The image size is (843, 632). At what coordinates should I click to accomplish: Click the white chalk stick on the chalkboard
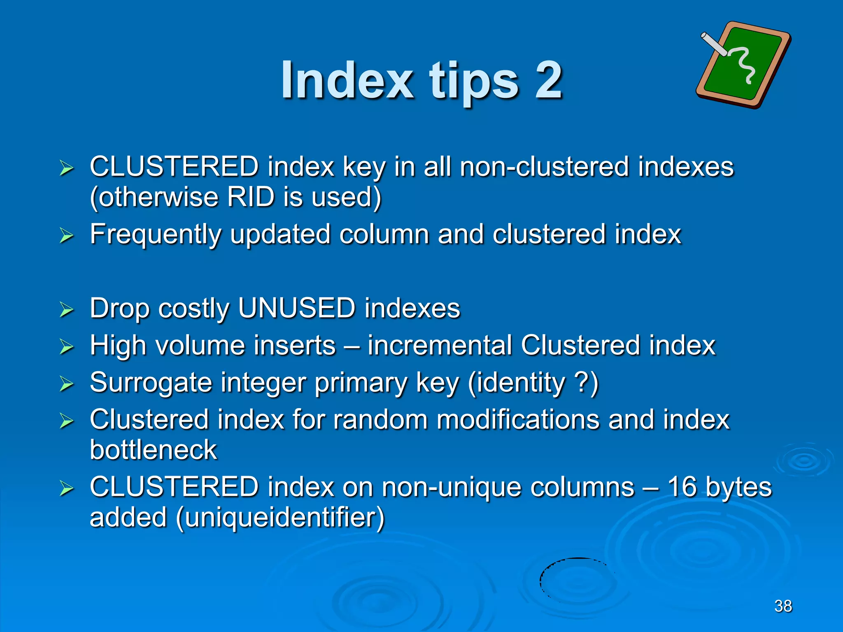[x=714, y=44]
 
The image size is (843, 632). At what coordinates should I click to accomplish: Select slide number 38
[x=783, y=606]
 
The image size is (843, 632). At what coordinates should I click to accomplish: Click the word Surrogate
[x=151, y=383]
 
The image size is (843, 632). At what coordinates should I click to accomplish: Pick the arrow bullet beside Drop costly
[x=66, y=309]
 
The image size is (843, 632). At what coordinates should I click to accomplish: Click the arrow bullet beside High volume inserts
[x=66, y=346]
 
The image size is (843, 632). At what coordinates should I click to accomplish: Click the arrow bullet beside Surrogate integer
[x=66, y=383]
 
